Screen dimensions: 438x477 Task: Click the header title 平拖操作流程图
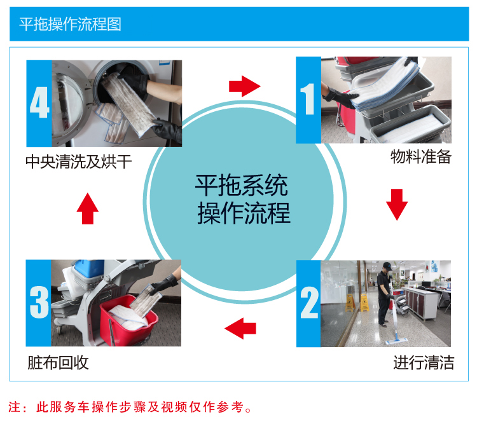tap(70, 24)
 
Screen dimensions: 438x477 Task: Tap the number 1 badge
tap(308, 100)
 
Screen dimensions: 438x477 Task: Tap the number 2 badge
tap(308, 303)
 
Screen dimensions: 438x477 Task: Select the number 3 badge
tap(38, 303)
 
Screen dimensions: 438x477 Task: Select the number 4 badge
tap(38, 103)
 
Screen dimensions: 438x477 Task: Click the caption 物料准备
tap(420, 157)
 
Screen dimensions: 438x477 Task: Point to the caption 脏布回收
tap(58, 363)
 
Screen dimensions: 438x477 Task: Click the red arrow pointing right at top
tap(245, 85)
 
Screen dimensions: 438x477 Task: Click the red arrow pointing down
tap(397, 204)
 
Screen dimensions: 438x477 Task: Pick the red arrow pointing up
tap(88, 209)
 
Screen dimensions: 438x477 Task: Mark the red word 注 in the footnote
tap(14, 407)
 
